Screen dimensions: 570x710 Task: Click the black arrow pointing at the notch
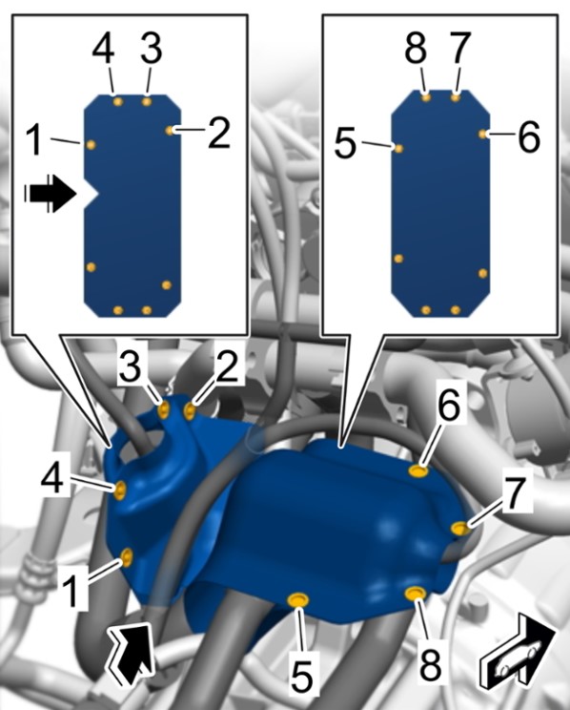click(50, 194)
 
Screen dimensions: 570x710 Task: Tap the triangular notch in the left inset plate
click(91, 194)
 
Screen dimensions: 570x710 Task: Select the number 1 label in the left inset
click(36, 139)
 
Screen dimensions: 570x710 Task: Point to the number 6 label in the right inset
click(528, 136)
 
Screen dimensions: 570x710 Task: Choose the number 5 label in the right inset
click(346, 143)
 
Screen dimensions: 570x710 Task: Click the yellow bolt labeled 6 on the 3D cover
click(418, 470)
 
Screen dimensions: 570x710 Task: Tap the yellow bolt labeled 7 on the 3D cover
click(460, 528)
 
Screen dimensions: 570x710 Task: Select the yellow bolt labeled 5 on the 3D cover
click(298, 601)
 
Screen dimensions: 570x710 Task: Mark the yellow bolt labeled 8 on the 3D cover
click(415, 594)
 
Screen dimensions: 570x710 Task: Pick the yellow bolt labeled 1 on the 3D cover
click(127, 557)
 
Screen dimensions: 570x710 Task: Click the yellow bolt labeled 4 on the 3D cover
click(120, 491)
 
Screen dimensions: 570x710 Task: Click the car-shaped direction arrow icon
click(518, 651)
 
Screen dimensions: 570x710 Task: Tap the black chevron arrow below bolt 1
click(131, 652)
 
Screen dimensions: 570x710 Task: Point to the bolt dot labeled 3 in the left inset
click(147, 101)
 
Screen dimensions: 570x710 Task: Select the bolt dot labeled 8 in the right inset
click(426, 97)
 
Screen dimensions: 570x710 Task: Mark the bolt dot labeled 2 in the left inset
click(170, 131)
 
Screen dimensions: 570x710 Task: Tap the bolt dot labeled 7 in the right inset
click(456, 97)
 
